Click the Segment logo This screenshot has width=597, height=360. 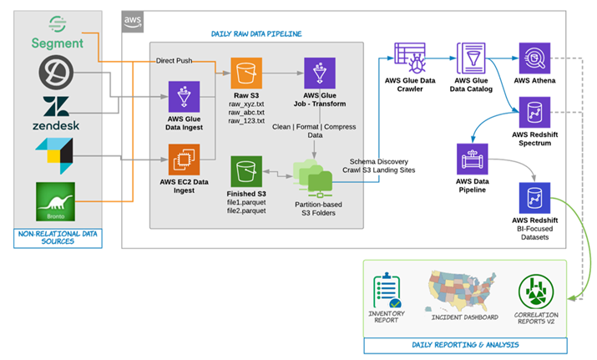click(58, 33)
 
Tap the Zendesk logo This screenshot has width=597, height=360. click(56, 113)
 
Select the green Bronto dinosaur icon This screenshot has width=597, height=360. click(56, 201)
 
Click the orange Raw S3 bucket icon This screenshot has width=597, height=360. click(246, 74)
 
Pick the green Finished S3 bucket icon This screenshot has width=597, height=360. click(246, 171)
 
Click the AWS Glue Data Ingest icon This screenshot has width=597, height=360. click(184, 97)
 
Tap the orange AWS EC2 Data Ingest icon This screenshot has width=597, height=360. click(184, 160)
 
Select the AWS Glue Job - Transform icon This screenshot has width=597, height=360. click(320, 74)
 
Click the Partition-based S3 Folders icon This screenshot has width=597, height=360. click(313, 178)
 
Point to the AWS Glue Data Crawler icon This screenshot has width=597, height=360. click(410, 58)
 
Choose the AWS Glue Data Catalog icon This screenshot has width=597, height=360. click(472, 58)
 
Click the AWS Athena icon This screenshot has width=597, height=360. click(534, 58)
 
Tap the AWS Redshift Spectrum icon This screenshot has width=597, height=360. click(534, 113)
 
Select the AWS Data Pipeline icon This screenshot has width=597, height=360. click(472, 160)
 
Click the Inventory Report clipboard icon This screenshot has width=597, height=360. click(387, 291)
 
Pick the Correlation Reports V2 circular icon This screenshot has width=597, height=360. click(536, 292)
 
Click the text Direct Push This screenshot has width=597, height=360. click(174, 61)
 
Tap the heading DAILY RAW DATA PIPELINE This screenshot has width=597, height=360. click(256, 34)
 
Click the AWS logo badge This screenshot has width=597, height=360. click(133, 22)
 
